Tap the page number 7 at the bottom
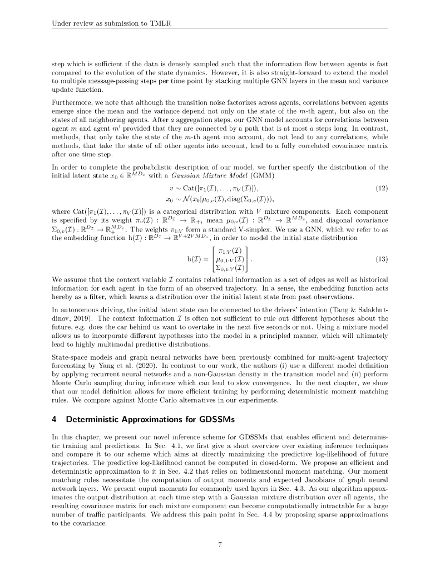[x=220, y=545]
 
